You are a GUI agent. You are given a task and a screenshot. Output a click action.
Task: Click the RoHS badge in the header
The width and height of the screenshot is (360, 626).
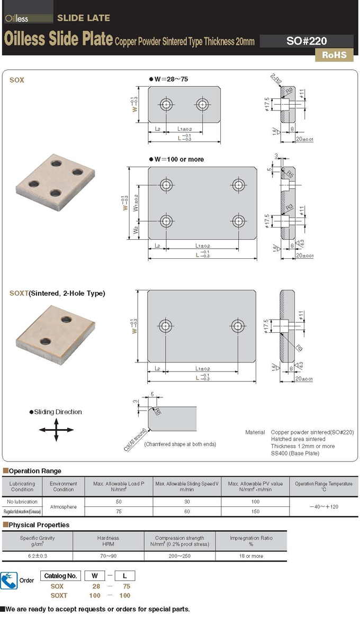pyautogui.click(x=334, y=55)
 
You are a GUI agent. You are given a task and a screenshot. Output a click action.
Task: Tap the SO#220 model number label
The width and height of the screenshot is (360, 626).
pyautogui.click(x=307, y=41)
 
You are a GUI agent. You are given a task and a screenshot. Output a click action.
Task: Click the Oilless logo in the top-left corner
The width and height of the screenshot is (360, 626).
pyautogui.click(x=17, y=19)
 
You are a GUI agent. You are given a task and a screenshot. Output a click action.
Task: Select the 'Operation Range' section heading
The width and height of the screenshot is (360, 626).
pyautogui.click(x=35, y=471)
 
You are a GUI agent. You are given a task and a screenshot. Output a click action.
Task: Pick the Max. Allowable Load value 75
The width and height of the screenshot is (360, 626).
pyautogui.click(x=119, y=512)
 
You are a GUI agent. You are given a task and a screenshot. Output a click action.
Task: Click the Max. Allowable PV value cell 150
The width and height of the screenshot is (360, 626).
pyautogui.click(x=255, y=512)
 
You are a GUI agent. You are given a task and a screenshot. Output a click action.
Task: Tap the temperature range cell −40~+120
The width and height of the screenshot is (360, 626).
pyautogui.click(x=323, y=506)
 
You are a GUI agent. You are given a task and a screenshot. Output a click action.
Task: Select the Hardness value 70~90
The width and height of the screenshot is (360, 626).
pyautogui.click(x=108, y=556)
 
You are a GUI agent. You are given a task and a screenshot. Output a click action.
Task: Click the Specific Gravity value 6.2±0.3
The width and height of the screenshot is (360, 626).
pyautogui.click(x=37, y=556)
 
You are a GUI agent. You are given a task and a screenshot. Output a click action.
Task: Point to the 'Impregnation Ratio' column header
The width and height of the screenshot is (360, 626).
pyautogui.click(x=251, y=541)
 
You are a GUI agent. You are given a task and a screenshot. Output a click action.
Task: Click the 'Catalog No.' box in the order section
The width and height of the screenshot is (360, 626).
pyautogui.click(x=61, y=576)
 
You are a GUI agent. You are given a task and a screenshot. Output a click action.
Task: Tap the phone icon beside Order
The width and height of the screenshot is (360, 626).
pyautogui.click(x=9, y=580)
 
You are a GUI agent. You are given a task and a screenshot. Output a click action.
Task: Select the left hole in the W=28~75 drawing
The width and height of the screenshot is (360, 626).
pyautogui.click(x=167, y=104)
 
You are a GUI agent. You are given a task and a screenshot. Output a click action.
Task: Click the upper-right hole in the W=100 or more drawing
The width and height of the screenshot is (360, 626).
pyautogui.click(x=239, y=184)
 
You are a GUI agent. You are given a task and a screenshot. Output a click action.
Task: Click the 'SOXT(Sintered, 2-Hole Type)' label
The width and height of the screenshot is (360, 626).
pyautogui.click(x=57, y=293)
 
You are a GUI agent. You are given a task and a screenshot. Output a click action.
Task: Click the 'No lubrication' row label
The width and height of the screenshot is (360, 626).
pyautogui.click(x=22, y=501)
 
